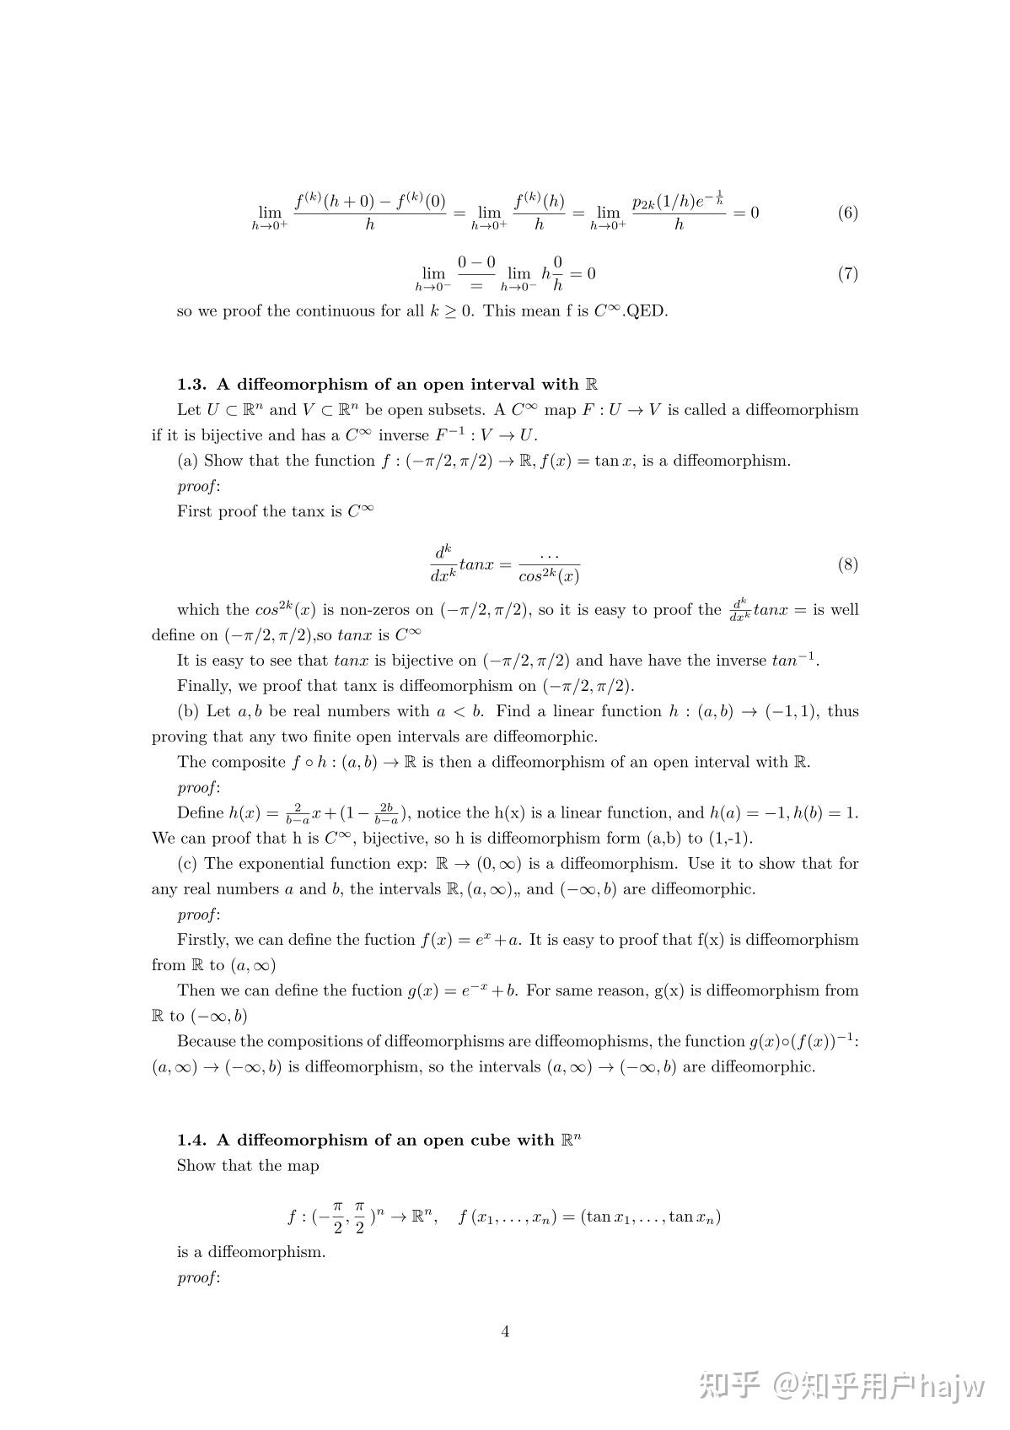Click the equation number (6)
[x=847, y=213]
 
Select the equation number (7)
[x=847, y=273]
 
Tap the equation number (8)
[x=847, y=564]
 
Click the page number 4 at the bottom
[x=505, y=1331]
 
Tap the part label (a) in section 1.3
[x=187, y=461]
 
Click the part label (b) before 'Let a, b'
[x=188, y=711]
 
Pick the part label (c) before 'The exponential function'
[x=187, y=863]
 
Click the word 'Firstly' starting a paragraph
[x=202, y=940]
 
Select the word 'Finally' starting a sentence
[x=203, y=686]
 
